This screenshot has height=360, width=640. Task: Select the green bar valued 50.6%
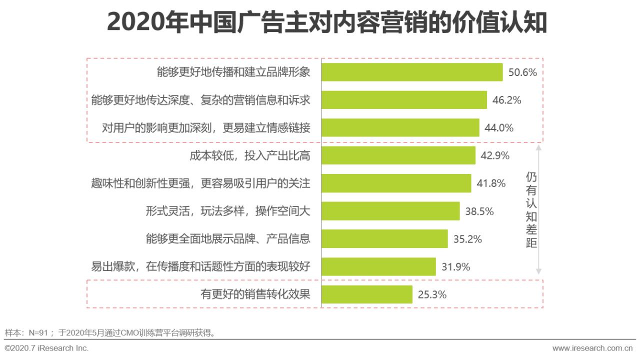411,72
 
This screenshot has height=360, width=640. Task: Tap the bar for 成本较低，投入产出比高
398,155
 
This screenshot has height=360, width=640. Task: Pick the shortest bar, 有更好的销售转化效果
366,294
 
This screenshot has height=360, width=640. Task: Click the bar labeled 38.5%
390,211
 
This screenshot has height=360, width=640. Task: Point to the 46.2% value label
506,100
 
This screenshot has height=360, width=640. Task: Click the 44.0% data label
499,127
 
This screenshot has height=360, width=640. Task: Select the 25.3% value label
432,294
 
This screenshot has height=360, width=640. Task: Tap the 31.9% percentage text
455,267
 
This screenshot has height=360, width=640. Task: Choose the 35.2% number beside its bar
467,239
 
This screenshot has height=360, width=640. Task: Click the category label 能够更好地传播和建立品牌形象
233,72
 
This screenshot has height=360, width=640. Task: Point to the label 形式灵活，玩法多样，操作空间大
228,211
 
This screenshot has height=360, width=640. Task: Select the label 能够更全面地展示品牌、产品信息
228,239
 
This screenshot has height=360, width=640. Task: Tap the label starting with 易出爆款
200,267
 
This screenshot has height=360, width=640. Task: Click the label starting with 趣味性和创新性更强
200,183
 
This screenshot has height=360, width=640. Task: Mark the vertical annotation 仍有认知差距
531,210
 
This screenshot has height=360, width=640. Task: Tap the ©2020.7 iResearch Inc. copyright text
46,348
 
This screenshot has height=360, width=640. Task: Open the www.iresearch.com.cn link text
592,348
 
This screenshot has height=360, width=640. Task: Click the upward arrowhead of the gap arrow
538,148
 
